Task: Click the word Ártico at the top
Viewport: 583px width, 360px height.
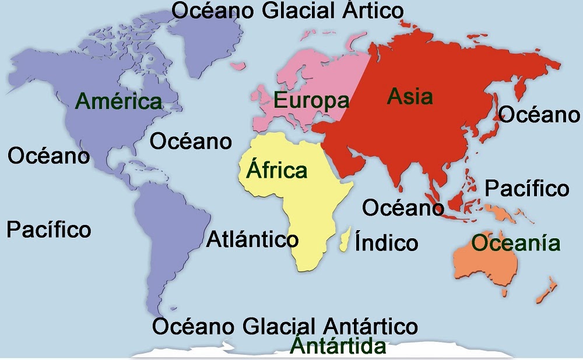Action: pyautogui.click(x=373, y=10)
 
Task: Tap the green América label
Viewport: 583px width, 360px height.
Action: pyautogui.click(x=119, y=101)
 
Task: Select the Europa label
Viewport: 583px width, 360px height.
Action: pyautogui.click(x=312, y=101)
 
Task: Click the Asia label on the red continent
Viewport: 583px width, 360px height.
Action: pyautogui.click(x=410, y=96)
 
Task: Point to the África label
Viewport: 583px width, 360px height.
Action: pyautogui.click(x=277, y=170)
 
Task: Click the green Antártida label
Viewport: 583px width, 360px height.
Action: pyautogui.click(x=339, y=347)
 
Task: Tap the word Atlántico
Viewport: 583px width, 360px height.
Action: pyautogui.click(x=252, y=239)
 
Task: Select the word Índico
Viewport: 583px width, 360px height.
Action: pyautogui.click(x=387, y=243)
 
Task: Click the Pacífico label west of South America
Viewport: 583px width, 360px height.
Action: pyautogui.click(x=49, y=229)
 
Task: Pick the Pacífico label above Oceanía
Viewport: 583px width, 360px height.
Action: pyautogui.click(x=527, y=188)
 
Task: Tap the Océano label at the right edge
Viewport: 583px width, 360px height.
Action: pyautogui.click(x=540, y=115)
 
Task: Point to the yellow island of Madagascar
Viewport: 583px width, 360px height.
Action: pyautogui.click(x=345, y=239)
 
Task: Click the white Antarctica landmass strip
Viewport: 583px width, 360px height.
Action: pyautogui.click(x=466, y=350)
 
